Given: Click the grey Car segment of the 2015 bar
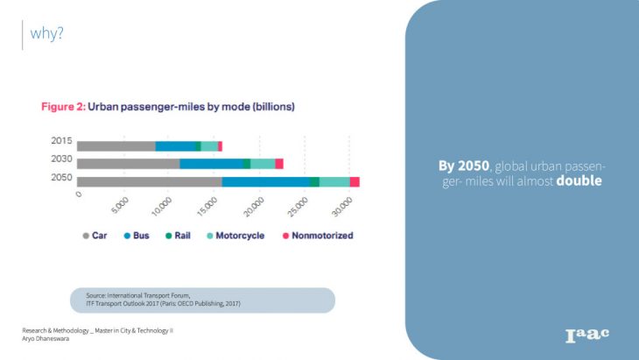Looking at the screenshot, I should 116,145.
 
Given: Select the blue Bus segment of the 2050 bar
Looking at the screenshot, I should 265,181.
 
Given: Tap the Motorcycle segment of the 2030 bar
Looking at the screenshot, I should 263,164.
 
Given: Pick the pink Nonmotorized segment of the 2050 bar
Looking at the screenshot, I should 355,181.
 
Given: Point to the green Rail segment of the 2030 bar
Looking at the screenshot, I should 247,164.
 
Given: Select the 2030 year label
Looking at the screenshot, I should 61,159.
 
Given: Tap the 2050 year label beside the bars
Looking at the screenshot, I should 61,178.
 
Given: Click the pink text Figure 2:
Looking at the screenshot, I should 63,107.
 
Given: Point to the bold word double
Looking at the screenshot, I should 580,181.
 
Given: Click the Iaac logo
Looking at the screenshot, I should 586,334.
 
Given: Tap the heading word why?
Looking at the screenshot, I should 47,34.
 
